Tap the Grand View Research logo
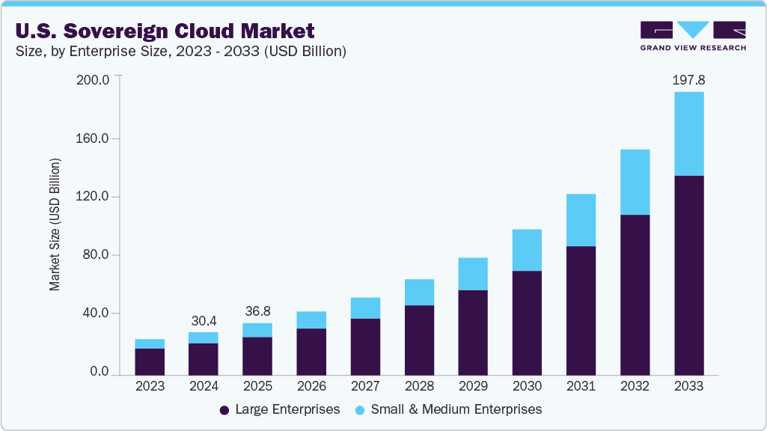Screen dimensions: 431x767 (x=693, y=36)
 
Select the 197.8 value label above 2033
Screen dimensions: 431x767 (x=689, y=79)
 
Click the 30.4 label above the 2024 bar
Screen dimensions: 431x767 (x=204, y=320)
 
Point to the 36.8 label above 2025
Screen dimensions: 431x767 (x=257, y=311)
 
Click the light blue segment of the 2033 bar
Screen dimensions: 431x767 (x=689, y=133)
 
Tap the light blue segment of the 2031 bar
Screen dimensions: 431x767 (x=581, y=220)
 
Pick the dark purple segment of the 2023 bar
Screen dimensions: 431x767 (x=150, y=361)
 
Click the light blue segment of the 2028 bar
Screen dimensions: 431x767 (x=419, y=292)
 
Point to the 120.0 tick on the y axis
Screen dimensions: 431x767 (x=94, y=197)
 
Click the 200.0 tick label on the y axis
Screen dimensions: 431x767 (x=94, y=79)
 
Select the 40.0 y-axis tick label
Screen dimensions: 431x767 (x=97, y=313)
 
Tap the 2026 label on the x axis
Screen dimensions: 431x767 (x=311, y=386)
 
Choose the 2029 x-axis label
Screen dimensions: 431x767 (x=473, y=386)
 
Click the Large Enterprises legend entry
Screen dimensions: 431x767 (x=280, y=409)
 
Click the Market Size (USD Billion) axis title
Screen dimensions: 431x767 (x=55, y=225)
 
